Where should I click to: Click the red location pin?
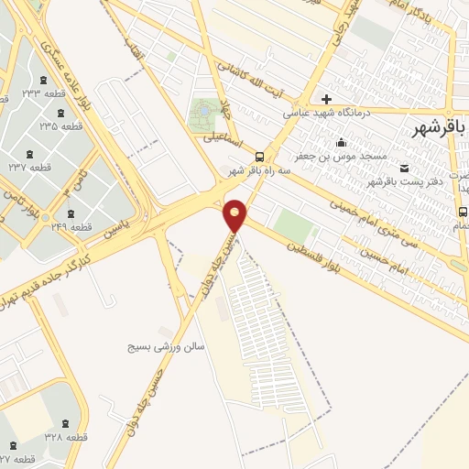pos(235,216)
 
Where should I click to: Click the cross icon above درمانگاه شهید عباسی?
pos(326,98)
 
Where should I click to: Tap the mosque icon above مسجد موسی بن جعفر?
pos(342,142)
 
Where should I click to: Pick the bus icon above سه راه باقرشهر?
pos(260,156)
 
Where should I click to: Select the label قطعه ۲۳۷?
pos(29,168)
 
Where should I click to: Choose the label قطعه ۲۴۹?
pos(72,226)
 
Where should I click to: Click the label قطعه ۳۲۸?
pos(66,438)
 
